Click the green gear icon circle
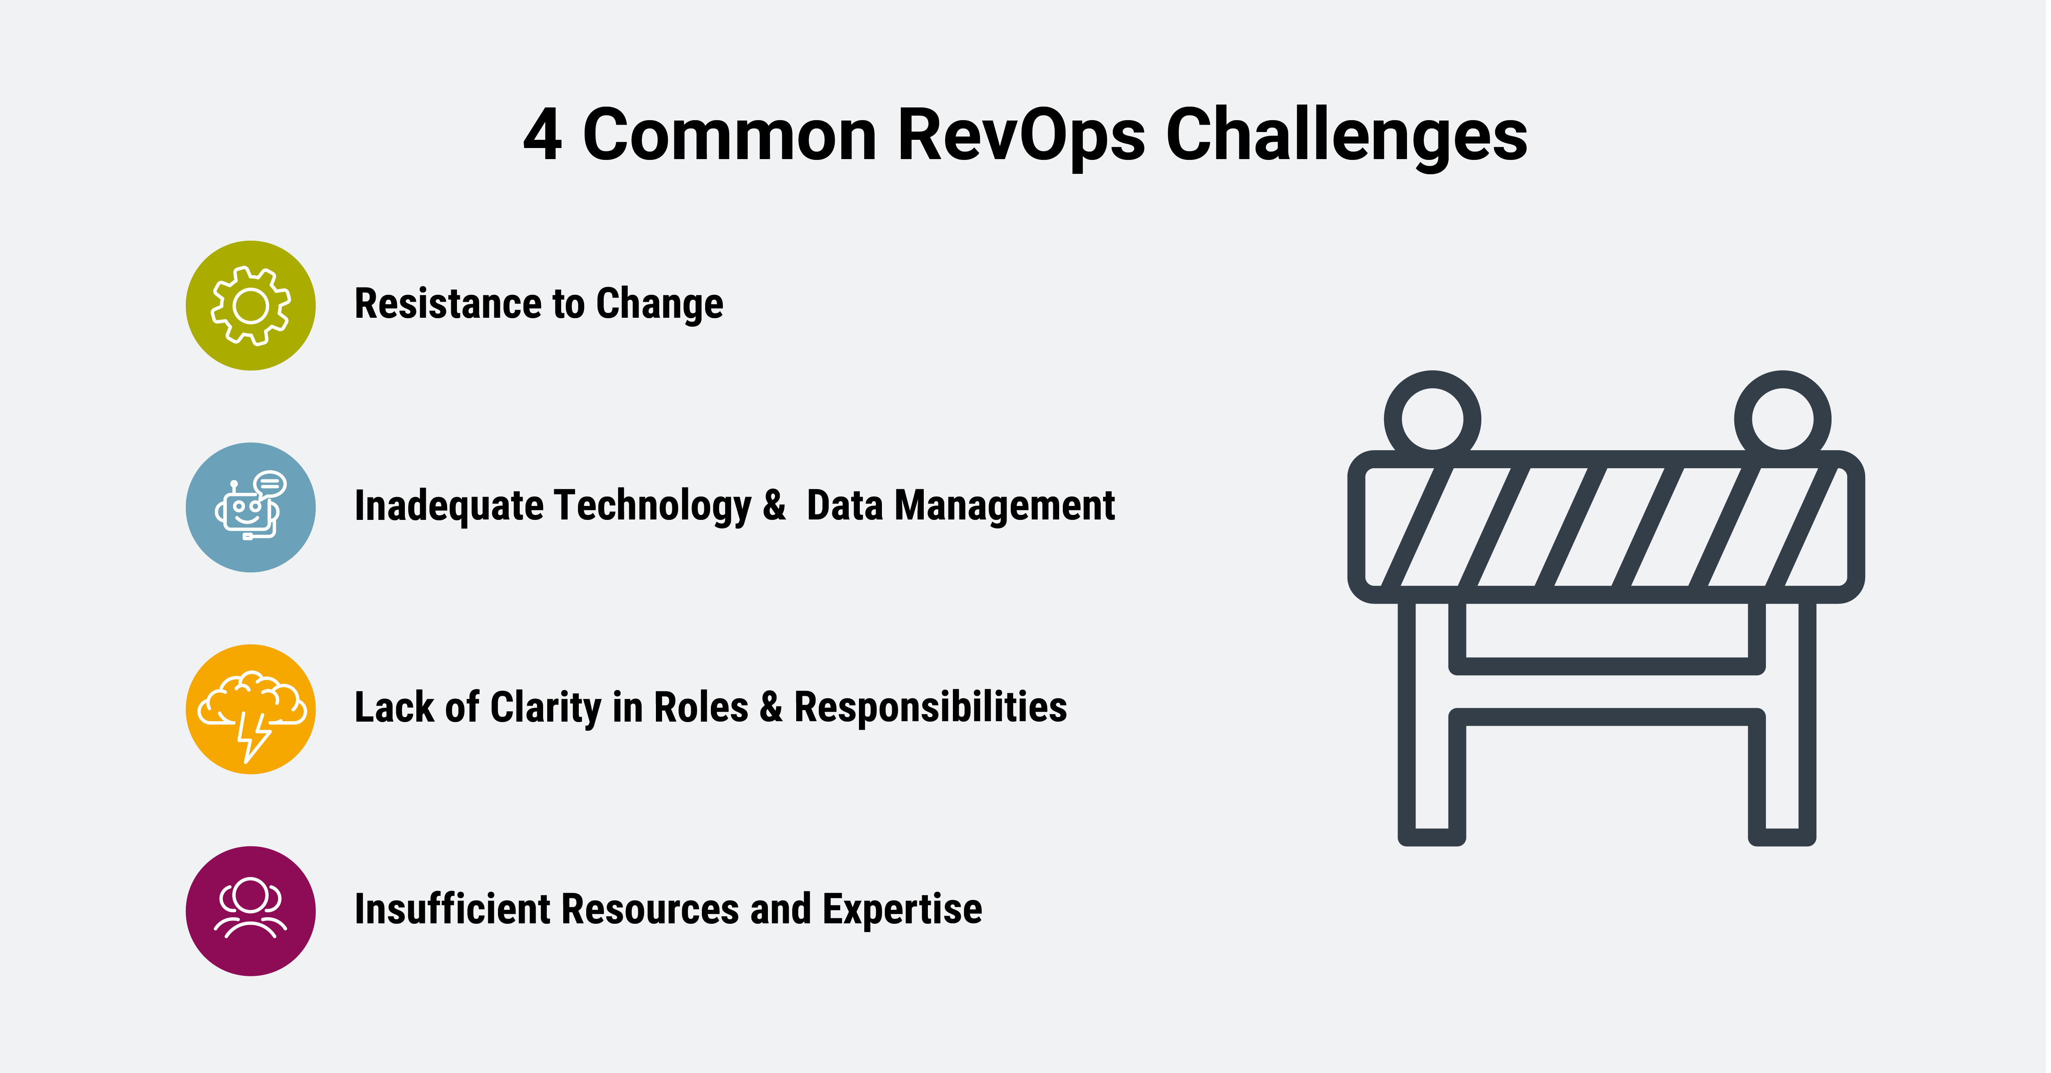251,305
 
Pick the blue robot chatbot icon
251,507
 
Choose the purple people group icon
251,911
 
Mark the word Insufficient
452,909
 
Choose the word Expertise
902,909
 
